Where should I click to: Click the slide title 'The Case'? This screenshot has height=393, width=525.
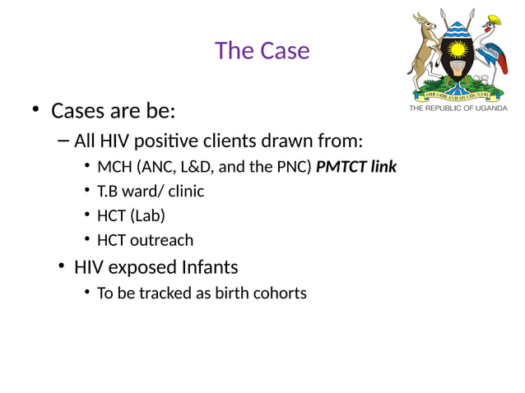pyautogui.click(x=262, y=51)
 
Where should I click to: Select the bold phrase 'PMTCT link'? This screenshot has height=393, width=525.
pyautogui.click(x=356, y=167)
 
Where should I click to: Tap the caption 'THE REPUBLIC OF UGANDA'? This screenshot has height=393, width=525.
pyautogui.click(x=458, y=109)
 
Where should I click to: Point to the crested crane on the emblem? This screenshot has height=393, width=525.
pyautogui.click(x=495, y=49)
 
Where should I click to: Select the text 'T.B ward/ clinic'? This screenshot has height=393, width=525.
pyautogui.click(x=151, y=192)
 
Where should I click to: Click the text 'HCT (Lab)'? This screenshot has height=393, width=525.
pyautogui.click(x=131, y=215)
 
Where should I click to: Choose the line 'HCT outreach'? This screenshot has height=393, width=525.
pyautogui.click(x=145, y=240)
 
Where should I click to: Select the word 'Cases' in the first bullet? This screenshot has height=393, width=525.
pyautogui.click(x=77, y=110)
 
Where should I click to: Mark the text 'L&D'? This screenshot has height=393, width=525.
pyautogui.click(x=197, y=167)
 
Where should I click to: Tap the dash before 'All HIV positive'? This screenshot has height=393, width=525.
pyautogui.click(x=64, y=141)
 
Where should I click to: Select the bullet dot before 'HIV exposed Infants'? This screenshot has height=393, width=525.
pyautogui.click(x=62, y=267)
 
